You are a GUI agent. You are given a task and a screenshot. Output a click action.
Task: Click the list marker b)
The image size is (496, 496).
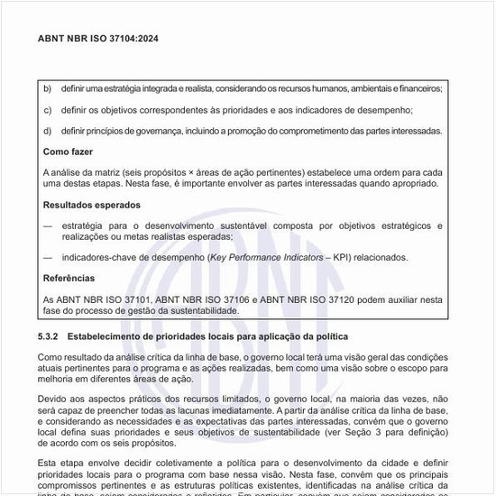[48, 89]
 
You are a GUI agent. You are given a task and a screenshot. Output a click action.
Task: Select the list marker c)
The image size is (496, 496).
[48, 110]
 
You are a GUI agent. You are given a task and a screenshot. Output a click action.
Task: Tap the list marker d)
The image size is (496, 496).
[48, 131]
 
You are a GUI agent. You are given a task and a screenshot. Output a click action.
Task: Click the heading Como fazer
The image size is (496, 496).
[69, 152]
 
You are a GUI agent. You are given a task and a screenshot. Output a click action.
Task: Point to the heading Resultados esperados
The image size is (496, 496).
[92, 204]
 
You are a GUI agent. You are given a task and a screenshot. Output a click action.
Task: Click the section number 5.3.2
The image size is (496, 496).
[51, 336]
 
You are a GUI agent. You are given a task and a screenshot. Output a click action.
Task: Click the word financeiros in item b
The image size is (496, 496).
[418, 89]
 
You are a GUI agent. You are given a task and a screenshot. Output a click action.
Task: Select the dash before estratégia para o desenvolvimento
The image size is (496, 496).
[49, 225]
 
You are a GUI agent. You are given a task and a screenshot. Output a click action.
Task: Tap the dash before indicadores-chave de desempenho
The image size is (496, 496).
[49, 257]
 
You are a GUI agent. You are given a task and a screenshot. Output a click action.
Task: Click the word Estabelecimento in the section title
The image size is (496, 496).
[106, 336]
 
